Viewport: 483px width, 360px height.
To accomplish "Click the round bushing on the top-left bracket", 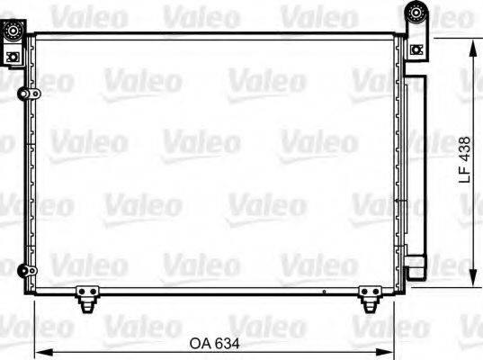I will pyautogui.click(x=14, y=32).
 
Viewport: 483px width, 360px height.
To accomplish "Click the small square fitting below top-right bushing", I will pyautogui.click(x=416, y=49).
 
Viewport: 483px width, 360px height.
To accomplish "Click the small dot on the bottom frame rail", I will pyautogui.click(x=323, y=291).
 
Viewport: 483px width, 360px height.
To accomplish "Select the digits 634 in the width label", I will pyautogui.click(x=227, y=342).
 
